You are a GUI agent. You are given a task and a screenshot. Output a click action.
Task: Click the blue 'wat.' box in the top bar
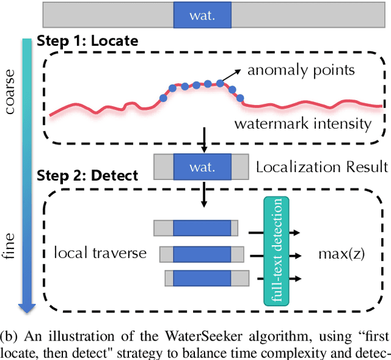click(x=202, y=15)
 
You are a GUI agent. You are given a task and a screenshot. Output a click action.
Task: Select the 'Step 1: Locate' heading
click(x=87, y=41)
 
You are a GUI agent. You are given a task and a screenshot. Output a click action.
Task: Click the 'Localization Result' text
click(x=321, y=166)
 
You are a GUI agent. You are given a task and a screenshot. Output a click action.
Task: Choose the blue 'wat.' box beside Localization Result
click(x=202, y=167)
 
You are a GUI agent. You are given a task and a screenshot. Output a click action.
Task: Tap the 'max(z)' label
click(x=341, y=252)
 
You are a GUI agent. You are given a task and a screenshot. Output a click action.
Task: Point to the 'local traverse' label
click(x=101, y=253)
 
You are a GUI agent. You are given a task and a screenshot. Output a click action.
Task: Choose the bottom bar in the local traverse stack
click(x=206, y=278)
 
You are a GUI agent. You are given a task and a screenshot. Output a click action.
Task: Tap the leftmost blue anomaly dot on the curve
click(x=163, y=97)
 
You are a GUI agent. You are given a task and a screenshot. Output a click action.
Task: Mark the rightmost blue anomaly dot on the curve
click(x=239, y=97)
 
